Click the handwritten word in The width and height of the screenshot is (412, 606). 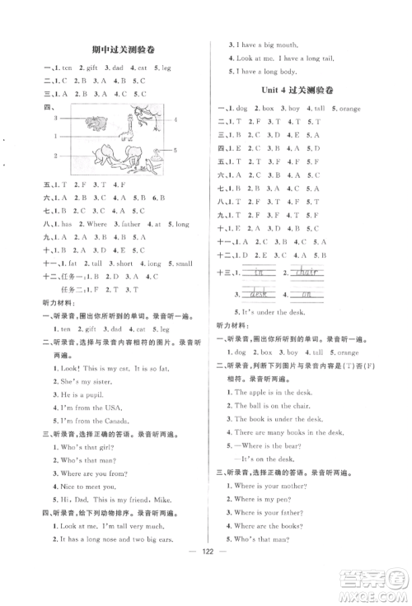tap(257, 272)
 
